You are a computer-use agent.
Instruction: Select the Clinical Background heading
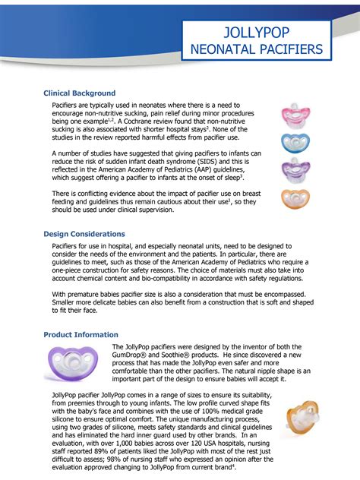pos(80,93)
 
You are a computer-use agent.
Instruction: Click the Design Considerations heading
pos(84,234)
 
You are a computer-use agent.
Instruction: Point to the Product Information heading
pos(81,334)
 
